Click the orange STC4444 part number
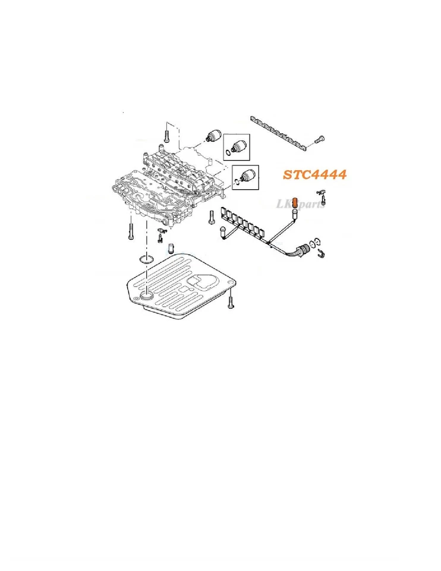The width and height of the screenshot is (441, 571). [314, 175]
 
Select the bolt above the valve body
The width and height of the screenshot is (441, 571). [167, 133]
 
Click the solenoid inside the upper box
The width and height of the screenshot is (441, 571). [239, 145]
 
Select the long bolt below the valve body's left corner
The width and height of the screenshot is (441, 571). [130, 229]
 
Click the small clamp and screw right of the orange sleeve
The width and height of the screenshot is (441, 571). [321, 193]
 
